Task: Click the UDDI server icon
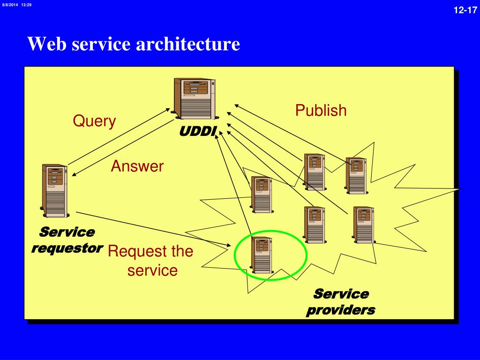point(195,98)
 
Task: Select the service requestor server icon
point(54,191)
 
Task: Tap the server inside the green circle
point(262,255)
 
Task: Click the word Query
point(94,121)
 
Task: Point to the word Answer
point(137,166)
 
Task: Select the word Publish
point(321,110)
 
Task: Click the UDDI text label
point(198,131)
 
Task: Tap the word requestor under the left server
point(67,248)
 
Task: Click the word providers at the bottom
point(341,310)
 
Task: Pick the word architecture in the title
point(187,44)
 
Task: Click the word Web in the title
point(47,44)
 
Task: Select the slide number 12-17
point(465,10)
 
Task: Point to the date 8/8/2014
point(10,5)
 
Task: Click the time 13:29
point(27,5)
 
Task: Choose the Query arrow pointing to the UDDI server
point(119,136)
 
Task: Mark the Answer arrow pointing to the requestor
point(123,148)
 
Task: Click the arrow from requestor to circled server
point(153,229)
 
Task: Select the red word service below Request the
point(152,270)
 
